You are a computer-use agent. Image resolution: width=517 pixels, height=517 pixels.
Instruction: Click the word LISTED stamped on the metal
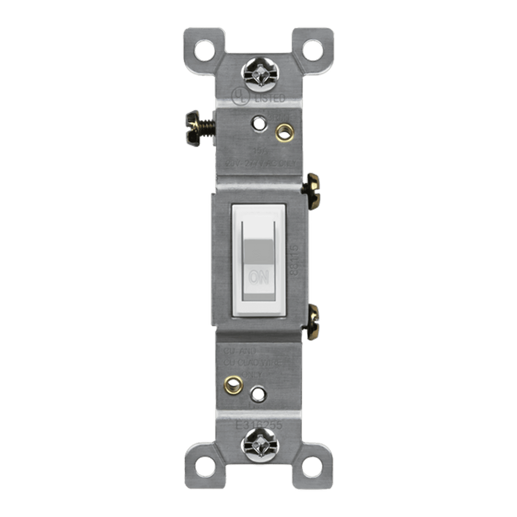[270, 98]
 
